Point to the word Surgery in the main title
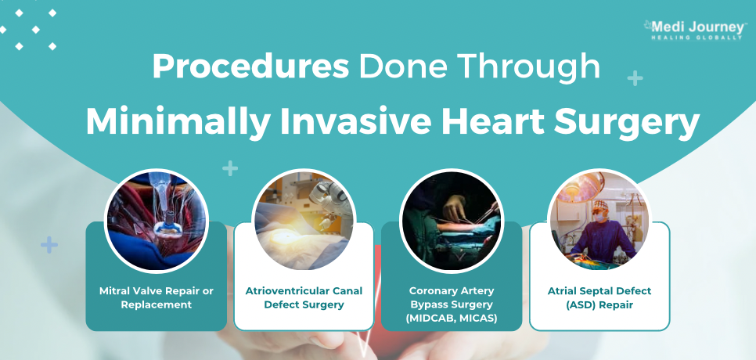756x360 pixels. pos(626,122)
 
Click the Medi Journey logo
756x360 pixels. pos(694,30)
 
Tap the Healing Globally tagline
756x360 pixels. pos(697,38)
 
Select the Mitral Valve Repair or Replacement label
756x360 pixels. pos(157,298)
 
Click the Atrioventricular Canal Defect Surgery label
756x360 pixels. pos(304,298)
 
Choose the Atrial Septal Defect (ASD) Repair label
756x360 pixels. pos(599,298)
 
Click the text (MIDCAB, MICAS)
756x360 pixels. pos(452,319)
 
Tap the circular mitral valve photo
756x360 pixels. pos(157,220)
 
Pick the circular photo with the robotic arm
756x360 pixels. pos(304,220)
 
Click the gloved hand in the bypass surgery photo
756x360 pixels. pos(454,207)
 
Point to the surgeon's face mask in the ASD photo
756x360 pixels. pos(599,218)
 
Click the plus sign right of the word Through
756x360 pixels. pos(635,77)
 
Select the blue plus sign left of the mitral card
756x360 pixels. pos(49,245)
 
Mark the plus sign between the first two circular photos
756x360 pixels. pos(230,169)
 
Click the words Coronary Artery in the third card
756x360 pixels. pos(452,291)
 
